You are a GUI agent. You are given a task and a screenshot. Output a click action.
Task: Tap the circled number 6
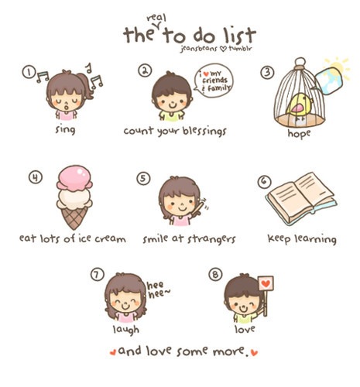264,181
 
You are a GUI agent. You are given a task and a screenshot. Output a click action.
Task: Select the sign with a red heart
266,283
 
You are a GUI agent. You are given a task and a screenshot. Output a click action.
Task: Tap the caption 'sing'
64,131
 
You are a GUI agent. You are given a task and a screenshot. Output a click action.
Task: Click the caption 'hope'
298,133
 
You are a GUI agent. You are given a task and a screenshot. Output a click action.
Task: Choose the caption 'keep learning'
301,238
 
